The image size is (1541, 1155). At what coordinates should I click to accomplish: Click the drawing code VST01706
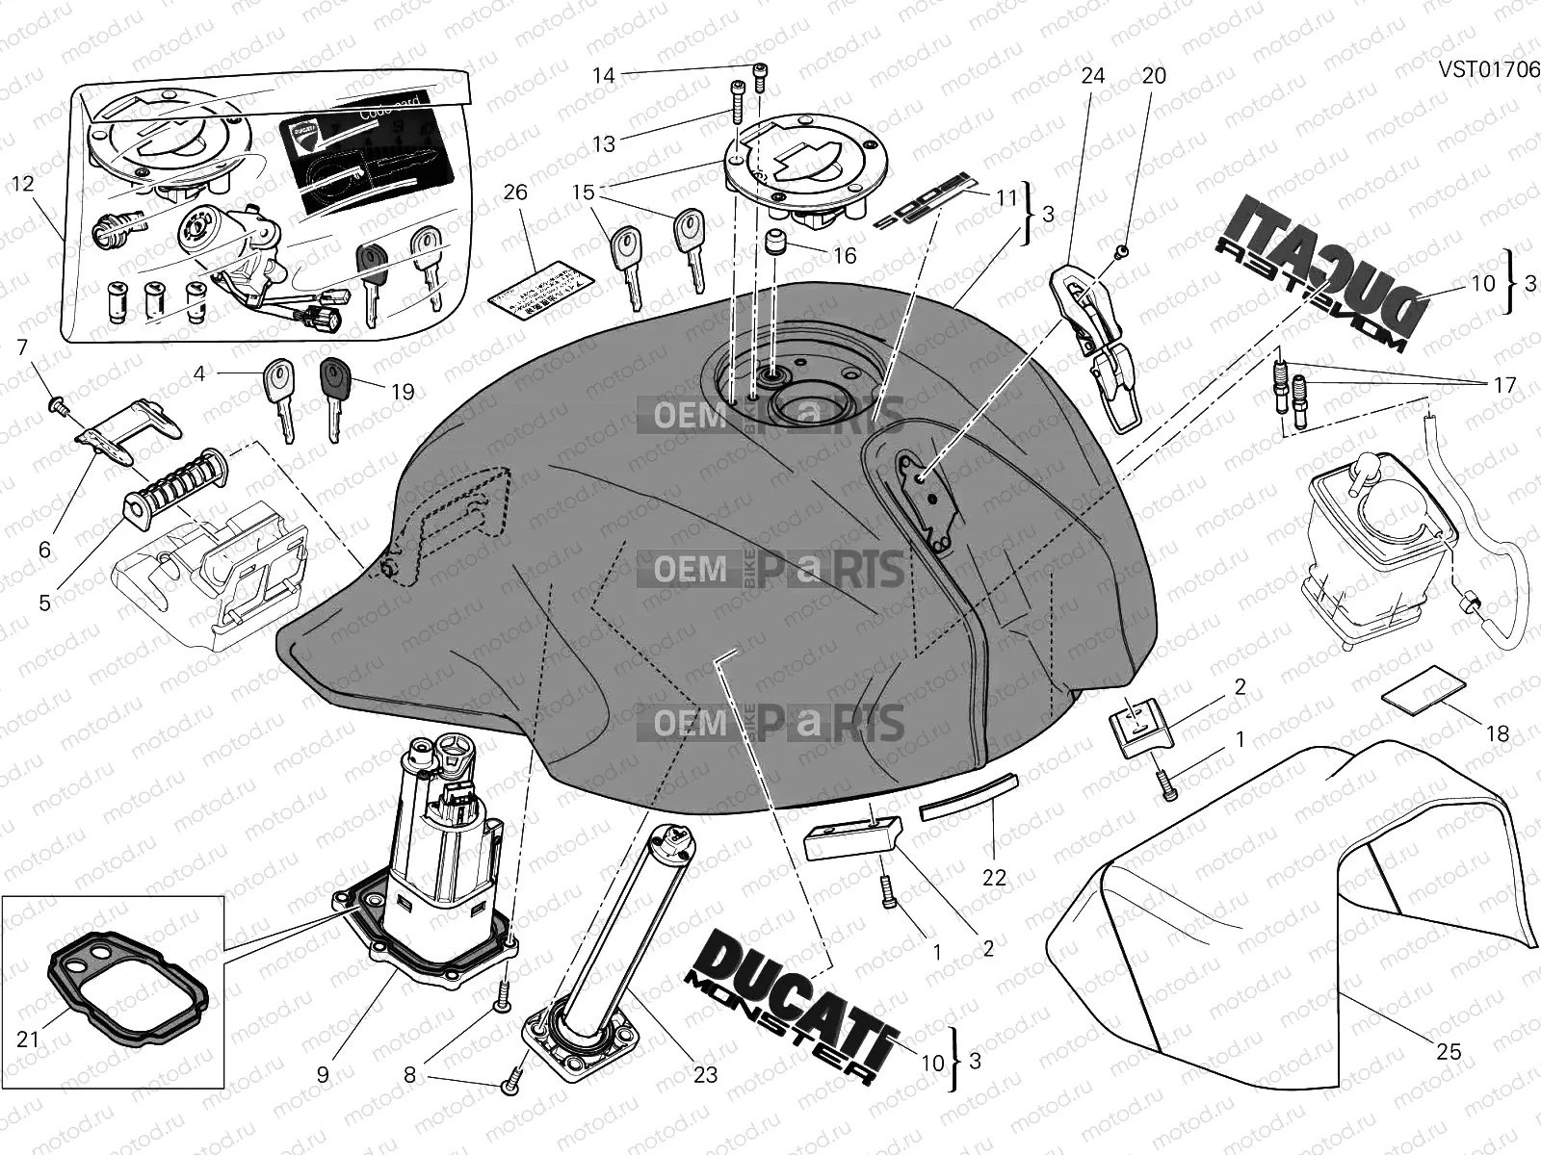click(x=1488, y=69)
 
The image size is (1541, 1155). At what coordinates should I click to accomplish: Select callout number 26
click(x=515, y=192)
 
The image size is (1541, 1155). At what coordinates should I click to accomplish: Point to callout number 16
click(x=845, y=255)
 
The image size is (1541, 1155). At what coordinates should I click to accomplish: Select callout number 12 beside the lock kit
click(x=23, y=182)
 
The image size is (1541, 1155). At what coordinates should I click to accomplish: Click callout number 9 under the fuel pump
click(x=323, y=1073)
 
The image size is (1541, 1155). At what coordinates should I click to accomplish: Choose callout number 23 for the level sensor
click(x=706, y=1073)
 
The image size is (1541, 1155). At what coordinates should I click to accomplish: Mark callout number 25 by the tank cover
click(x=1449, y=1052)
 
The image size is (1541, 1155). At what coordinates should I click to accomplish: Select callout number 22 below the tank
click(x=994, y=877)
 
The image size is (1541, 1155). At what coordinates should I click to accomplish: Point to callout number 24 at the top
click(x=1093, y=75)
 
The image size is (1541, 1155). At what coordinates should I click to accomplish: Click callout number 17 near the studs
click(x=1504, y=385)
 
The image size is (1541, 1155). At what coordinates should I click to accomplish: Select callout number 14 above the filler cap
click(x=603, y=75)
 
